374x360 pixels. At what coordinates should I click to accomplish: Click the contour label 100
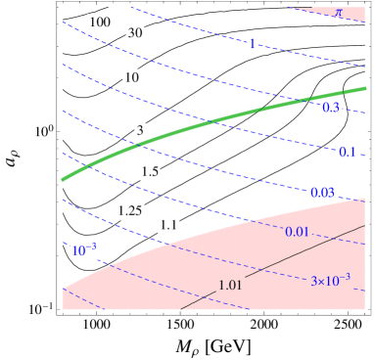(x=98, y=22)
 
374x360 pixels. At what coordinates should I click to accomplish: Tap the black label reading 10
(x=131, y=77)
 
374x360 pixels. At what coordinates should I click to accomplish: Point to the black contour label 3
(x=140, y=130)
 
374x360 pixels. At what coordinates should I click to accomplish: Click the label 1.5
(x=150, y=172)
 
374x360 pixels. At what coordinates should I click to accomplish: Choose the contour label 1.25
(x=129, y=210)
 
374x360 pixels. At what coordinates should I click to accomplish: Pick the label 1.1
(x=168, y=225)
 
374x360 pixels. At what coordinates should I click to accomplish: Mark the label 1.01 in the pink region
(x=231, y=285)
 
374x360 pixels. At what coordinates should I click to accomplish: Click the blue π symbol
(x=339, y=13)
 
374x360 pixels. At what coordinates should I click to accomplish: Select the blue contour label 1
(x=252, y=44)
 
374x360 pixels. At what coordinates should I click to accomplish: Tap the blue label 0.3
(x=331, y=107)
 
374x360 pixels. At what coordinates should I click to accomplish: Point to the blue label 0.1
(x=348, y=152)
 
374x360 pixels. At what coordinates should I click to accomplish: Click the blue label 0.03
(x=323, y=194)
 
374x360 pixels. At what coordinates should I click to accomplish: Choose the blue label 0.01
(x=297, y=231)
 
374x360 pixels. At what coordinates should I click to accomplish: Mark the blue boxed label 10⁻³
(x=84, y=250)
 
